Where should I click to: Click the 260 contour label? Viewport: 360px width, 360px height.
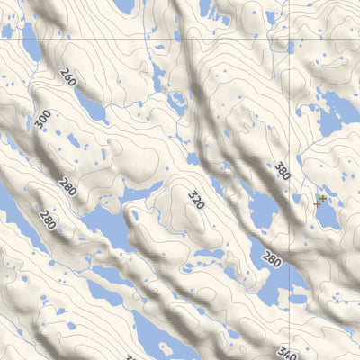click(69, 82)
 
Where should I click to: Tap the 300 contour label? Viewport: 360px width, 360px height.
click(41, 121)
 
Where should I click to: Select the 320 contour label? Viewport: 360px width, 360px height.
click(196, 199)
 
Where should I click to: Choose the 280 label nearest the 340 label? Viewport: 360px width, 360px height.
click(272, 260)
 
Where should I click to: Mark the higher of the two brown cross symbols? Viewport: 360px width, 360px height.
click(322, 198)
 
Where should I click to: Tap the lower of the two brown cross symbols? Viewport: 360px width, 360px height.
click(317, 204)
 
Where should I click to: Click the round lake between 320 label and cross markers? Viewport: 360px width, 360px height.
click(261, 211)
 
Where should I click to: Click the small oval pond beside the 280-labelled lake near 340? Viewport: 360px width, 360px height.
click(297, 298)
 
